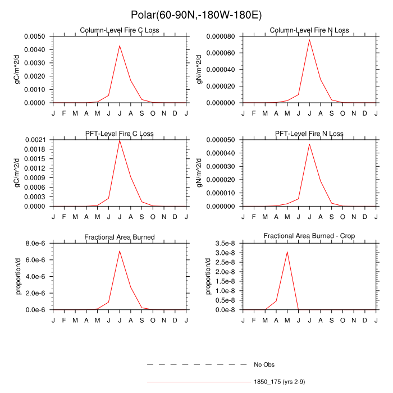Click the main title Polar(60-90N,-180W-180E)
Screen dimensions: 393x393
tap(196, 15)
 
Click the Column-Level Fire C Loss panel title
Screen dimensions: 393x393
tap(119, 30)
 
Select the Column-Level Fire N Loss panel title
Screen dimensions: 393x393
tap(309, 30)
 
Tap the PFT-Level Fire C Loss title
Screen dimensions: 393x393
tap(119, 134)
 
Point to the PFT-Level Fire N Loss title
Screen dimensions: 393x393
tap(309, 134)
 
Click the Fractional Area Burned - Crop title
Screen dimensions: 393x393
tap(309, 236)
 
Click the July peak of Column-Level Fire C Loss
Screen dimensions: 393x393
tap(120, 45)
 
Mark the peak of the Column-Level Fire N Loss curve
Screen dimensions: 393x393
tap(309, 39)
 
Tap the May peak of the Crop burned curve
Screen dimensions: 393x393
tap(287, 252)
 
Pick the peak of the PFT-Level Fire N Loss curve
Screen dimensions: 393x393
tap(309, 144)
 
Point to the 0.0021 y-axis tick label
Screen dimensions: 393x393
tap(37, 139)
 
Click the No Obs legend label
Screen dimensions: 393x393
tap(263, 365)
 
